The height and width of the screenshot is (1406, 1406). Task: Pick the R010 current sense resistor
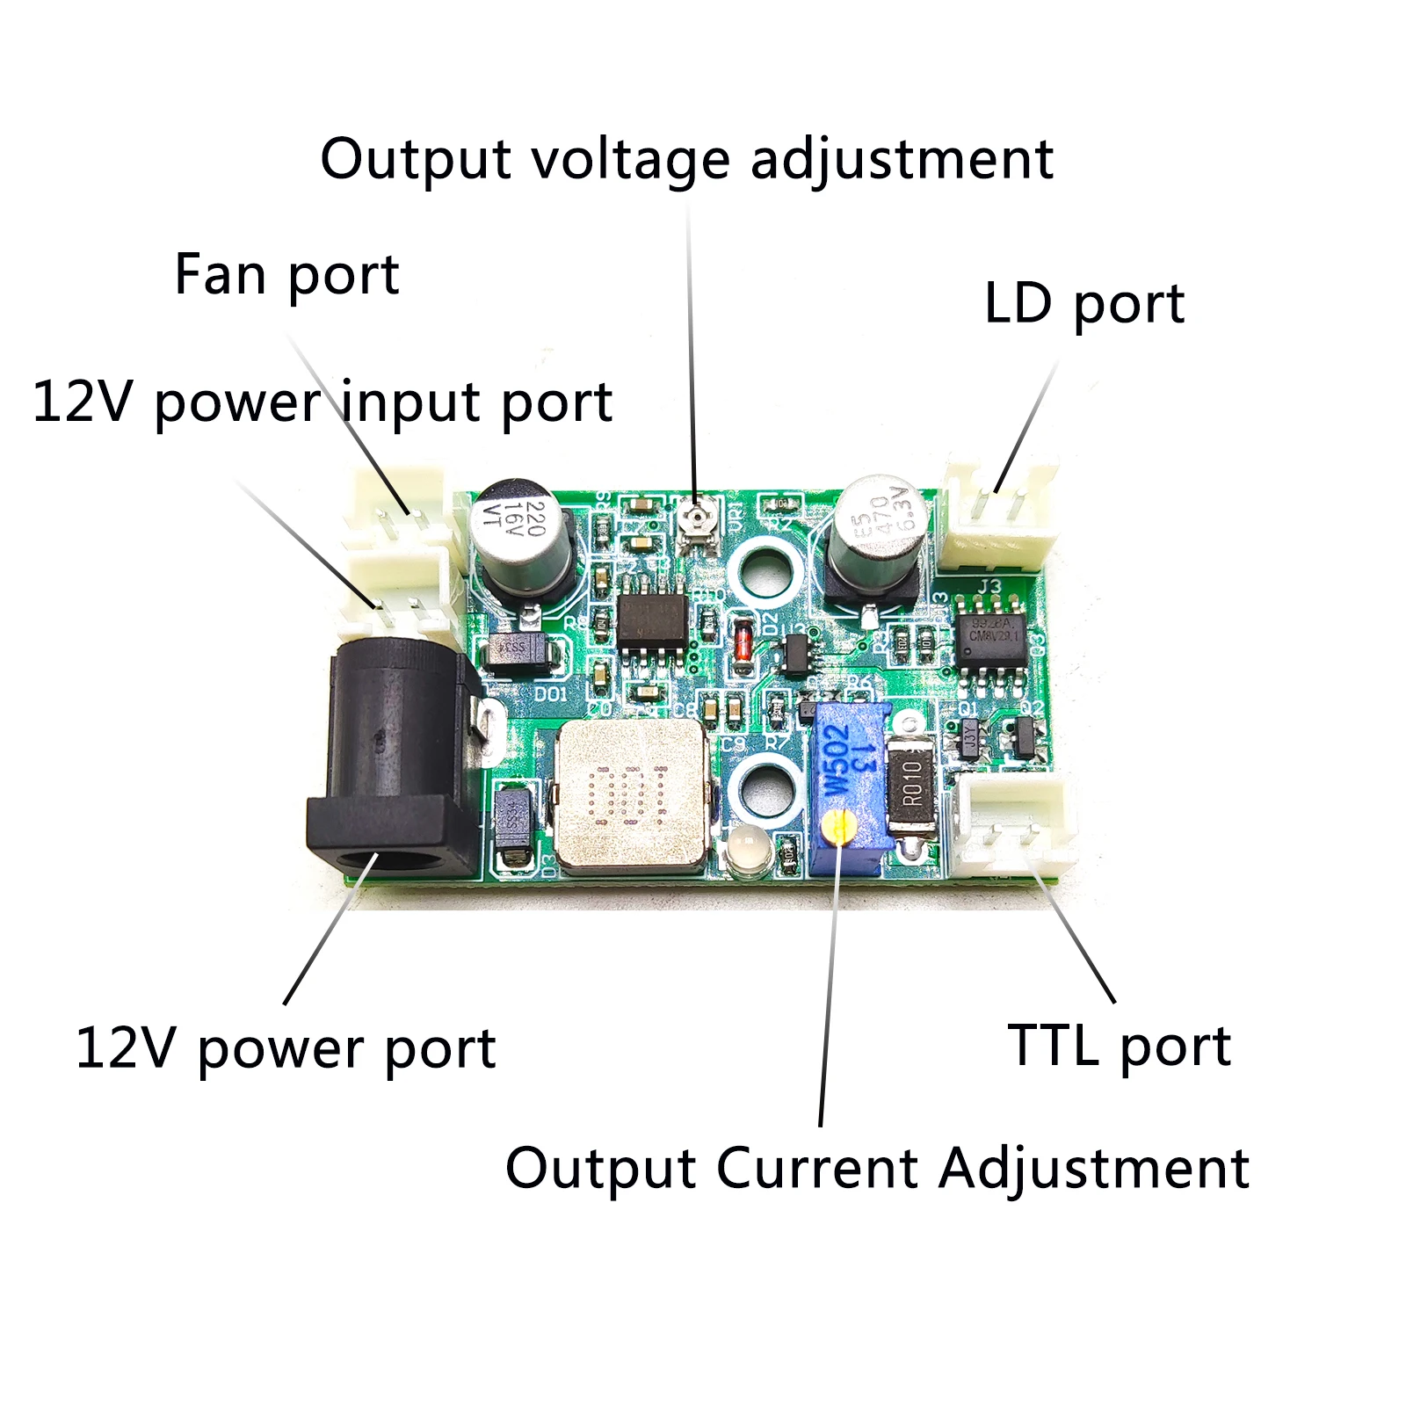[913, 782]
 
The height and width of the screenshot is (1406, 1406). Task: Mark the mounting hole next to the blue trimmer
[761, 788]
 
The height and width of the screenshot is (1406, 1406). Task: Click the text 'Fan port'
[286, 276]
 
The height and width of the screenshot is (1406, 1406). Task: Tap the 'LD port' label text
[1083, 304]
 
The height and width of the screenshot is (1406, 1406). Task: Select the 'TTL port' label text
[1119, 1046]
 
